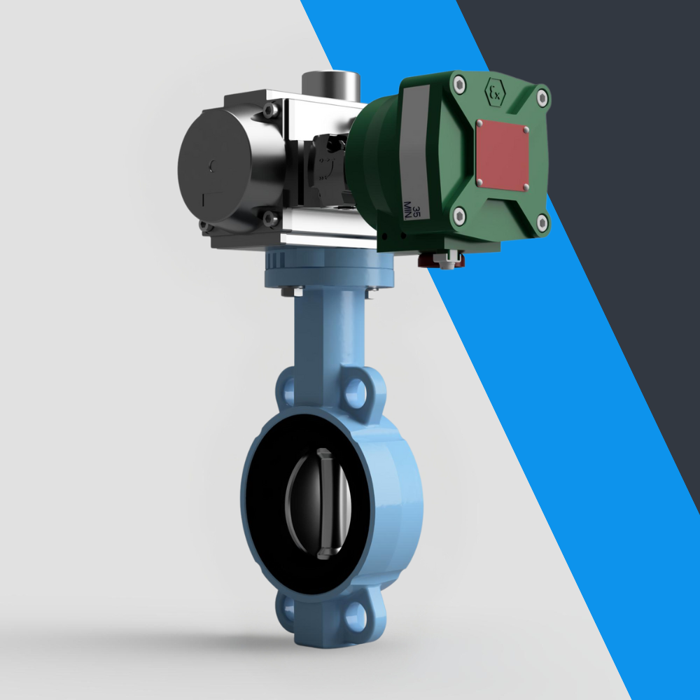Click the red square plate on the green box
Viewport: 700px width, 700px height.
(x=502, y=155)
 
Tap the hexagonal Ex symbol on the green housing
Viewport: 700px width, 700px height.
(x=496, y=92)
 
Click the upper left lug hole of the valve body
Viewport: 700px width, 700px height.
(x=286, y=389)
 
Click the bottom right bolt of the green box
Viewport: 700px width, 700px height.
(x=542, y=223)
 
